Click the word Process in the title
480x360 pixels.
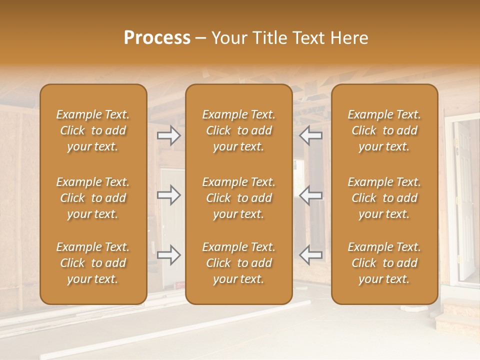[x=157, y=38]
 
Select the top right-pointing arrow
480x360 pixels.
[x=169, y=135]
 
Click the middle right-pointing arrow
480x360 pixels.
[x=169, y=195]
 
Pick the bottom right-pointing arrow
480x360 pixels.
[x=169, y=255]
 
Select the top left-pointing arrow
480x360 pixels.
[x=311, y=135]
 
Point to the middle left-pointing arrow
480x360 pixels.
[x=311, y=195]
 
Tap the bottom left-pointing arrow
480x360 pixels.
[x=311, y=255]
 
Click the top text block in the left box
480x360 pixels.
[x=93, y=130]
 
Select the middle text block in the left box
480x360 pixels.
[x=93, y=198]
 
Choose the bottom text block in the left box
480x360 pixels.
[x=93, y=263]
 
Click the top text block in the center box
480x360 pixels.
[x=239, y=130]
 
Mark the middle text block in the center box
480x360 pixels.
[x=239, y=198]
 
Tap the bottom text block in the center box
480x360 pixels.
[x=239, y=263]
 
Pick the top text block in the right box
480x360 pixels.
[x=384, y=130]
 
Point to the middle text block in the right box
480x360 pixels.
[x=384, y=198]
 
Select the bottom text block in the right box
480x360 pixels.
[x=384, y=263]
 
